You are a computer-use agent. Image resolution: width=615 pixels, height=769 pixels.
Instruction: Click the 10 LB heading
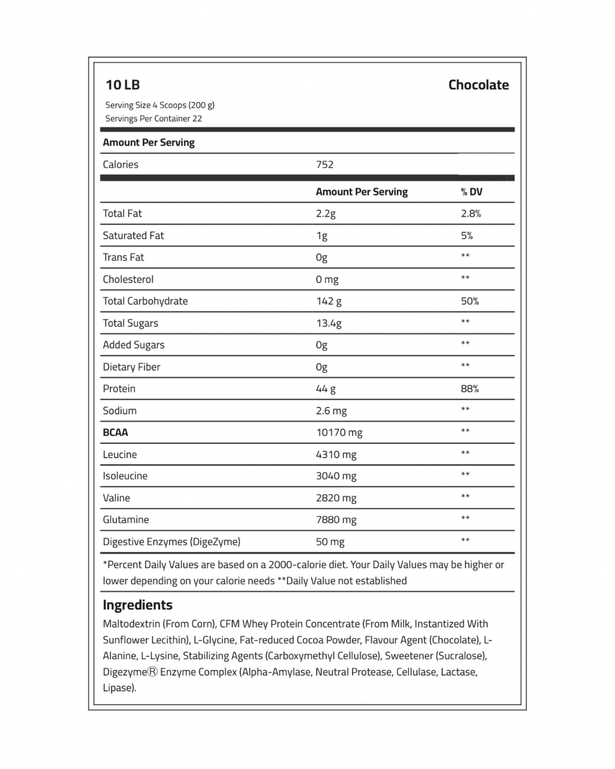pos(122,85)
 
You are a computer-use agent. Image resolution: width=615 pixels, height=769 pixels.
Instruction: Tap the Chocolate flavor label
pos(478,85)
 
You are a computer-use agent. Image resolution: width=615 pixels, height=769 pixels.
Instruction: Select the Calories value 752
pos(325,165)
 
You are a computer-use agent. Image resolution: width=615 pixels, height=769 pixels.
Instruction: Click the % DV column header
pos(471,192)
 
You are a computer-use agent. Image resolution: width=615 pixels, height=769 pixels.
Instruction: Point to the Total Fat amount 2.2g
pos(326,214)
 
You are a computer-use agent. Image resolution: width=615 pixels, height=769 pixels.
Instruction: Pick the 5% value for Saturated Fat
pos(467,236)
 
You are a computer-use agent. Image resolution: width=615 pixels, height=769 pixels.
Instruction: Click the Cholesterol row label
pos(128,280)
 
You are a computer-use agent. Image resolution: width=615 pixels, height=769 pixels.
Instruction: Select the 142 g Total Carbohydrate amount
pos(329,301)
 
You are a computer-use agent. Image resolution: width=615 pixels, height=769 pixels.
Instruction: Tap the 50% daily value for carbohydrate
pos(470,301)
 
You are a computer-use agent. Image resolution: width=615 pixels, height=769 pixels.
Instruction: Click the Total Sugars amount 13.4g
pos(329,324)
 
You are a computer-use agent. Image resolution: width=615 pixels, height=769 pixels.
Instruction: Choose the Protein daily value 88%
pos(470,389)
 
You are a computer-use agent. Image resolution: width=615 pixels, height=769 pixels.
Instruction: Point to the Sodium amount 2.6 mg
pos(331,411)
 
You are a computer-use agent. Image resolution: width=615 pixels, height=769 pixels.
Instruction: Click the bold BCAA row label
pos(115,432)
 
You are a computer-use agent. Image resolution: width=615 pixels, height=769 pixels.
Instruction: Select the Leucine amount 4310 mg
pos(336,455)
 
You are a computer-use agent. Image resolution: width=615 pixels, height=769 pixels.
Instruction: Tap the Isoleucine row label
pos(125,476)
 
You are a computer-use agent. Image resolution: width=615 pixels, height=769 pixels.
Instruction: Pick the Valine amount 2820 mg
pos(336,498)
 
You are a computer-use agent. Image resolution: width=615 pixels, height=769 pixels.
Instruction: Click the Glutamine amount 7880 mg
pos(336,520)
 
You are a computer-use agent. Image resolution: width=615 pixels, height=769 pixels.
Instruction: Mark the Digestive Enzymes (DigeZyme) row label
pos(171,542)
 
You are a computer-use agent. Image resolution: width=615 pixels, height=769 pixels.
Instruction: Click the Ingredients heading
pos(137,605)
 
